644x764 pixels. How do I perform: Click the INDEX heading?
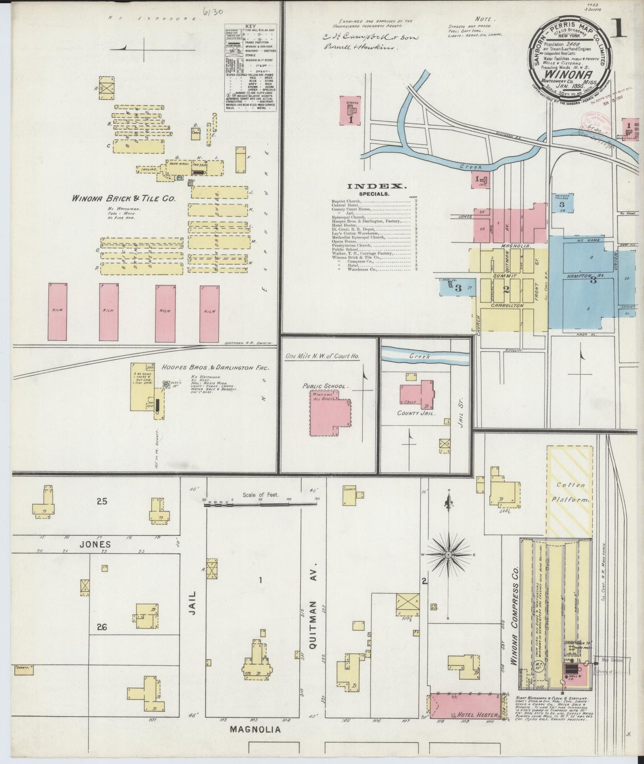(377, 186)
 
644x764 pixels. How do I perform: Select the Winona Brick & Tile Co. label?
(124, 199)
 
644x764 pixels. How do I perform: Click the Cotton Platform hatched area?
(570, 492)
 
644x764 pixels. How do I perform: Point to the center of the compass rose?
(449, 555)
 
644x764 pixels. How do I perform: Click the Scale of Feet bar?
(259, 504)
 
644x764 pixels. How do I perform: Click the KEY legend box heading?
(250, 26)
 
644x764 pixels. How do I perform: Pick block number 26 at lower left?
(102, 628)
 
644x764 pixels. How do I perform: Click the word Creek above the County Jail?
(419, 357)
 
